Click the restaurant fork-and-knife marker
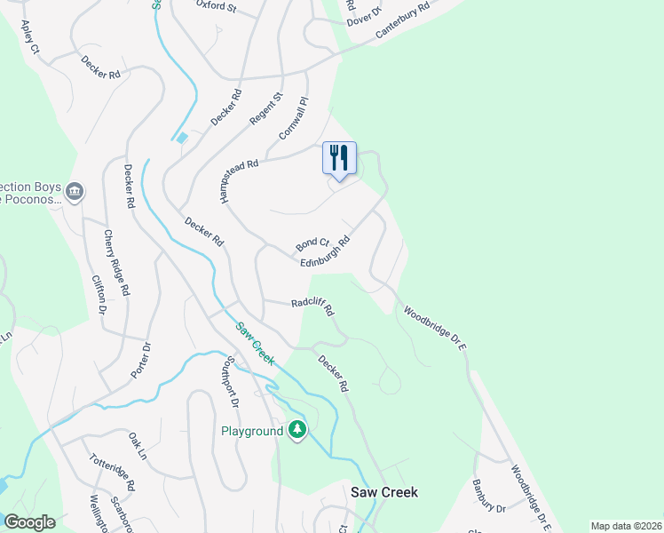tap(339, 159)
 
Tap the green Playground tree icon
tap(297, 431)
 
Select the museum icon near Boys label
tap(75, 191)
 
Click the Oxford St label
tap(217, 7)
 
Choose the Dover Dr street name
tap(363, 12)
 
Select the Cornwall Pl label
tap(293, 118)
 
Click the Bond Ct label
tap(312, 243)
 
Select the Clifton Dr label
tap(99, 294)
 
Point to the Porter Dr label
tap(142, 359)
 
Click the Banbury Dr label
tap(488, 496)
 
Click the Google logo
tap(29, 522)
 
